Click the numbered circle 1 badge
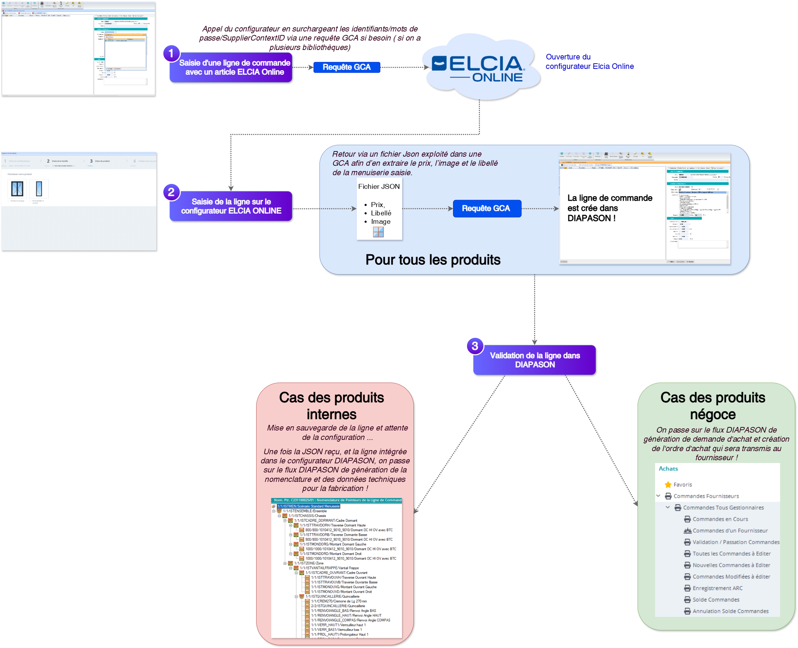tap(171, 54)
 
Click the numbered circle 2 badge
tap(171, 192)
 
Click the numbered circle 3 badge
tap(475, 346)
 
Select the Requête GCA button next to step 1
tap(347, 67)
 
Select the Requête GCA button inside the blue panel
tap(487, 208)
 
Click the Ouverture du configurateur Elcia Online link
tap(589, 62)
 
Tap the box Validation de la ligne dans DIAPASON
tap(534, 360)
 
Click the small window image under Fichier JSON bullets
tap(378, 232)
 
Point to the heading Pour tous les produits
tap(433, 260)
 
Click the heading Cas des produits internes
tap(331, 406)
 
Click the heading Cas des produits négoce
tap(713, 406)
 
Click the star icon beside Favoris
tap(668, 484)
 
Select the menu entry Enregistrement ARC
tap(717, 588)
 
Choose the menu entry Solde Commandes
tap(716, 599)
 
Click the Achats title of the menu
tap(668, 469)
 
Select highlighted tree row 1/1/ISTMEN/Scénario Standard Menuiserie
tap(308, 506)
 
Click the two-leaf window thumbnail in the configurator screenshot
tap(17, 189)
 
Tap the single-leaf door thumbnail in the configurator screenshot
tap(39, 189)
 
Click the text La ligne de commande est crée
tap(610, 208)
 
